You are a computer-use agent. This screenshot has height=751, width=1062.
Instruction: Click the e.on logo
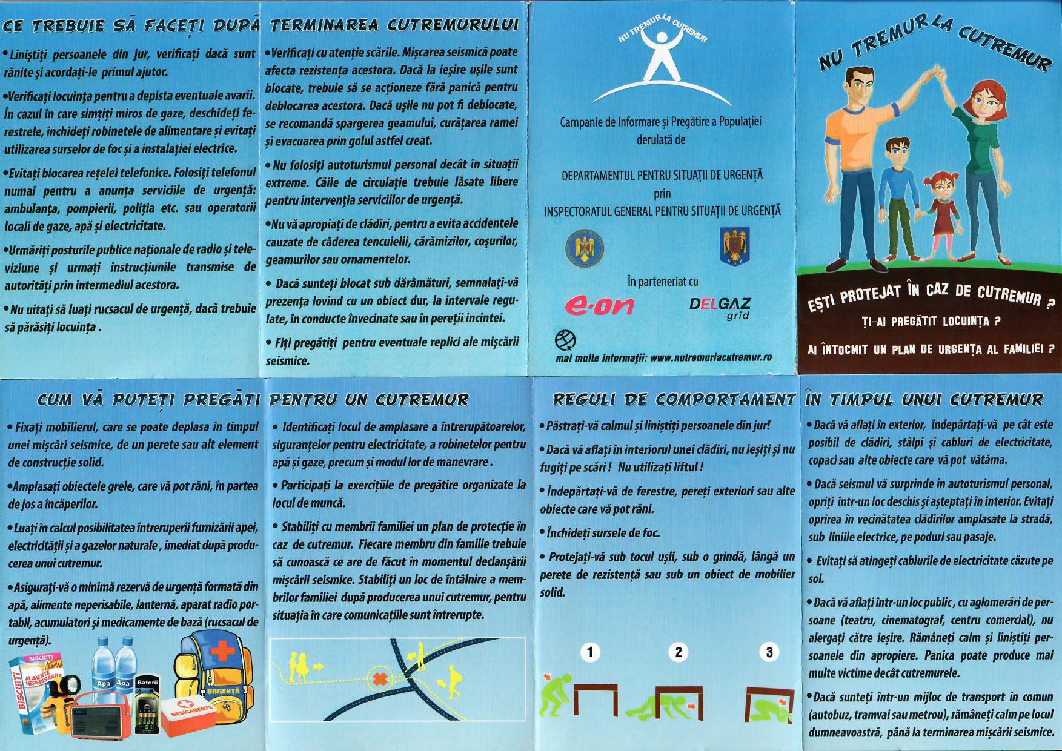click(599, 305)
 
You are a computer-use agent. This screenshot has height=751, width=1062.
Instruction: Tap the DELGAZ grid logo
click(720, 307)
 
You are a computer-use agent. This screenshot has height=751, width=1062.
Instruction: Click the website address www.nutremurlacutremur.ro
click(710, 357)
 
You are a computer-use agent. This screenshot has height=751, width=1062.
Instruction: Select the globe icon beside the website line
click(565, 340)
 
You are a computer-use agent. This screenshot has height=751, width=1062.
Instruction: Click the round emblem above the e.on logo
click(585, 248)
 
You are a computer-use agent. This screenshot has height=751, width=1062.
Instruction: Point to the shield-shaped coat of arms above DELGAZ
click(734, 246)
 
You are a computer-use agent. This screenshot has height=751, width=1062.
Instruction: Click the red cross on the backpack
click(222, 651)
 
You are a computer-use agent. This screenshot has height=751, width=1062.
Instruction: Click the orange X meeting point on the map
click(380, 678)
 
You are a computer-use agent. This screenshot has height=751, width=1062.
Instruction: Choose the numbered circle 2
click(678, 652)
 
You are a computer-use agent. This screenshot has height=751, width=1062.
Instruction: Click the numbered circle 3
click(769, 652)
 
